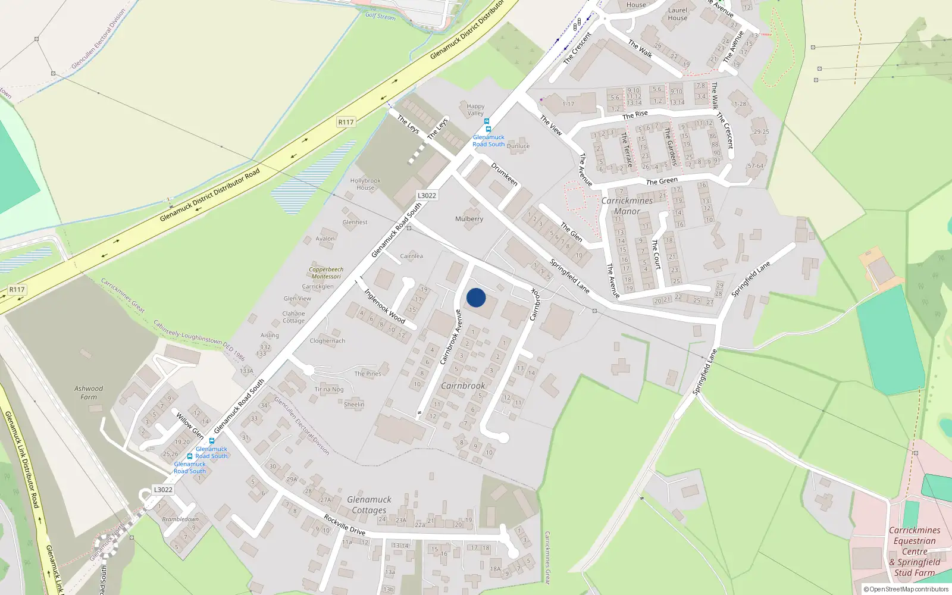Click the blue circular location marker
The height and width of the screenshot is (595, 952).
476,297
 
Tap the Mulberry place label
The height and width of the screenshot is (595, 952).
469,219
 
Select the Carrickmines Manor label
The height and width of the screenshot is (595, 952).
627,206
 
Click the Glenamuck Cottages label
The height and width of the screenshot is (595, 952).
369,505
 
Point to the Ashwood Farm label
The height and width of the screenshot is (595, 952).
89,393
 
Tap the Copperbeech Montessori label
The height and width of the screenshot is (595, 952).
326,273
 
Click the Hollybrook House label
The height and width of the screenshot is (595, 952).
365,184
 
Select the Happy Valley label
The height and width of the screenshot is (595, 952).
475,109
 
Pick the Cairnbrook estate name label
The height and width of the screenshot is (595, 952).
463,386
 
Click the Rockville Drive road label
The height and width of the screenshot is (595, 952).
345,525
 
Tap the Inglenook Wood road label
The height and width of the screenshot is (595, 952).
384,306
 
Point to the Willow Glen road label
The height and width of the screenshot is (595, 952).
190,425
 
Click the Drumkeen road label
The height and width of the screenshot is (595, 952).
504,174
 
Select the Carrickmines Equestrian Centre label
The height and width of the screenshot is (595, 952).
915,551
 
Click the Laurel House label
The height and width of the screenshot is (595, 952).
678,14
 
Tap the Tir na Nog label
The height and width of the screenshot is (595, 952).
329,389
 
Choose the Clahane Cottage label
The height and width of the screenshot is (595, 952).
293,317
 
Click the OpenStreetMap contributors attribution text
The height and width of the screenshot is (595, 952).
906,589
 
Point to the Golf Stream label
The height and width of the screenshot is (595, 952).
380,16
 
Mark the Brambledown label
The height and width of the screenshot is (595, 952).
180,519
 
